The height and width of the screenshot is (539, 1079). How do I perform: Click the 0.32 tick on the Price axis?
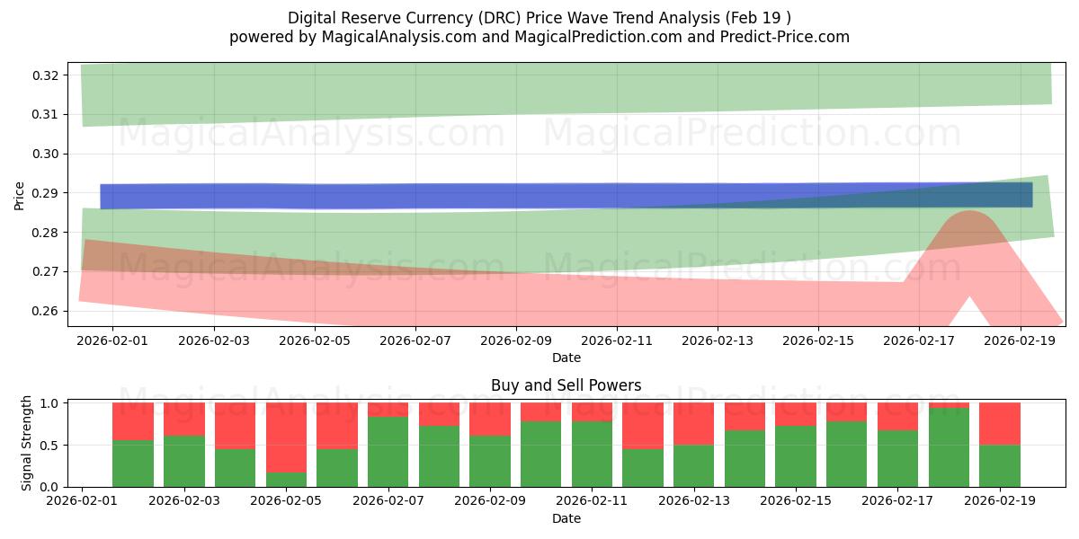46,75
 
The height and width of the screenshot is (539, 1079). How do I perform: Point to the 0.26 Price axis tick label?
46,311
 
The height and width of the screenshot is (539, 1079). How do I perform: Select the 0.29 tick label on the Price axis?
46,193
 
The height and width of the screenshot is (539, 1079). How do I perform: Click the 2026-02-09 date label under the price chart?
516,341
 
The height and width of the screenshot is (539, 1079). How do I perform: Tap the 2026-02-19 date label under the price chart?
1020,341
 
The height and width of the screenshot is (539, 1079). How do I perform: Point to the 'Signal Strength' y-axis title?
27,443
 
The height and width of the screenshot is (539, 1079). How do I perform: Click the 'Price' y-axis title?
20,194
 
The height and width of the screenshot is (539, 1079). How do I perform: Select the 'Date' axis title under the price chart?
566,358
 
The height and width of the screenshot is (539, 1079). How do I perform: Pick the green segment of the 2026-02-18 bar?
949,447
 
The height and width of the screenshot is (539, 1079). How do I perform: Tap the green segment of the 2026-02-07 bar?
388,451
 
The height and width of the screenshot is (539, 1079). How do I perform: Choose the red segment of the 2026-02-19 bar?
999,423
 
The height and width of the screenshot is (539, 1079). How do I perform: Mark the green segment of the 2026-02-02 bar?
133,464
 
